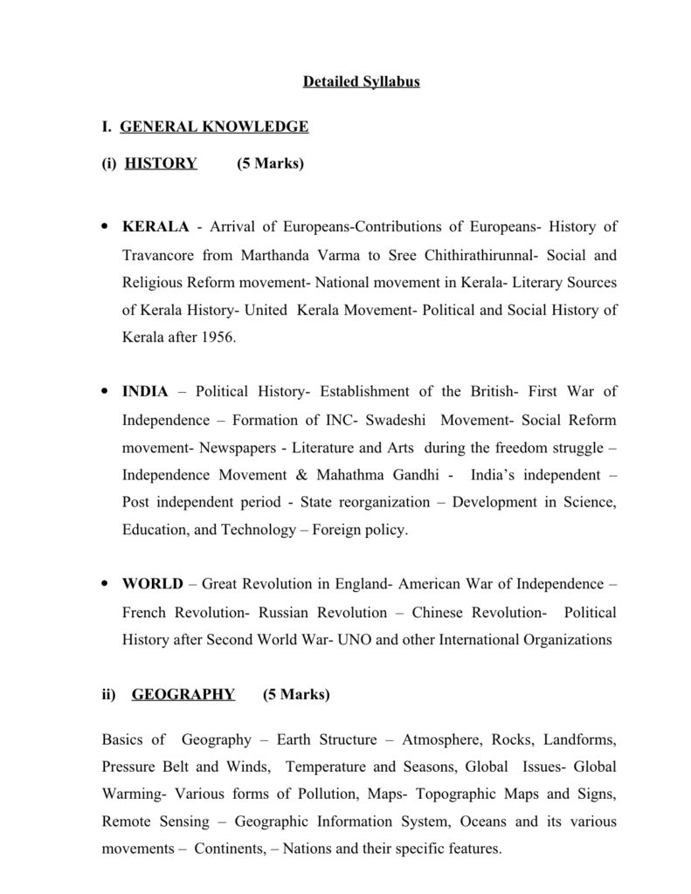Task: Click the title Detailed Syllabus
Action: pos(362,82)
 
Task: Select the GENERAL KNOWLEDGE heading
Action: pos(214,127)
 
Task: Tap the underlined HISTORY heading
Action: pos(162,163)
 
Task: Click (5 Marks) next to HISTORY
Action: pos(270,163)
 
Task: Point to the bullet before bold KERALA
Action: pos(105,227)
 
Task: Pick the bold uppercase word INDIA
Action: pos(145,391)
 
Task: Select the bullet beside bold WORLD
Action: pos(105,583)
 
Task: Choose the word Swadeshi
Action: pos(396,420)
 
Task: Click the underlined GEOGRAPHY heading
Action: pos(183,694)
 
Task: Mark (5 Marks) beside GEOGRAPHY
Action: pos(296,694)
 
